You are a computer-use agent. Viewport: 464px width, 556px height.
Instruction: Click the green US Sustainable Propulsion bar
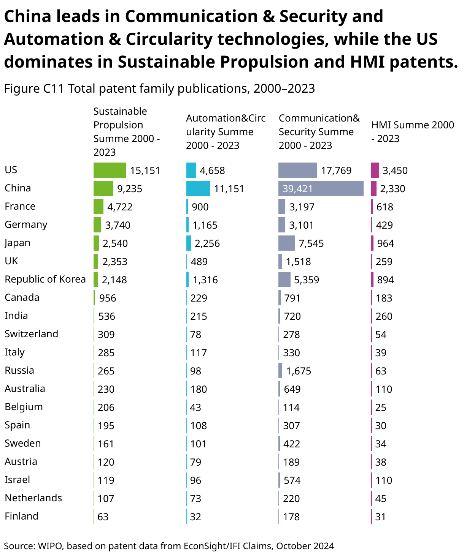point(110,170)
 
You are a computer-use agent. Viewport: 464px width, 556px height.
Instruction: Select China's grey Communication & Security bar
point(321,188)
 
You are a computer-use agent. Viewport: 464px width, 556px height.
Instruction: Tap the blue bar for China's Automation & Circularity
point(198,188)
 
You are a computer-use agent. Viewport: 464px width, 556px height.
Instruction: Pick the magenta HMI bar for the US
point(375,170)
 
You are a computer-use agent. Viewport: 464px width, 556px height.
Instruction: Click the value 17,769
point(336,171)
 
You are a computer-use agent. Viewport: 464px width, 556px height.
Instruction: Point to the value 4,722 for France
point(120,207)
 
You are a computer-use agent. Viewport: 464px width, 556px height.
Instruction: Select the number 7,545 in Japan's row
point(311,243)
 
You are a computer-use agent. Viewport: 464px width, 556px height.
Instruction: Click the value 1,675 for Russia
point(299,371)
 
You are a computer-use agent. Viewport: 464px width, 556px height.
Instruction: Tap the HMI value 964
point(385,243)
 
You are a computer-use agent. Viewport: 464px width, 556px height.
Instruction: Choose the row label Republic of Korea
point(45,279)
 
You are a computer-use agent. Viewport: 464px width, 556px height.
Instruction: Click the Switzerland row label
point(31,334)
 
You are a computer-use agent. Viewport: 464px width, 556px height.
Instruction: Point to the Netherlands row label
point(33,498)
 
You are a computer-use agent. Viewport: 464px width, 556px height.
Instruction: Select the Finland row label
point(21,516)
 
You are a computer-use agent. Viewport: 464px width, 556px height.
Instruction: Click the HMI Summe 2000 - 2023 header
point(412,131)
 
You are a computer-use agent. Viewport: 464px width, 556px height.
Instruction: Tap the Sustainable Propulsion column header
point(126,131)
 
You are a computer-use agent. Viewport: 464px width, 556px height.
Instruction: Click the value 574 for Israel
point(292,480)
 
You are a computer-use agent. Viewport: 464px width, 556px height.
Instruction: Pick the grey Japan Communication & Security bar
point(286,243)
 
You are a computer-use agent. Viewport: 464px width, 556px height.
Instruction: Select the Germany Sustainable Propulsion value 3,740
point(118,225)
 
